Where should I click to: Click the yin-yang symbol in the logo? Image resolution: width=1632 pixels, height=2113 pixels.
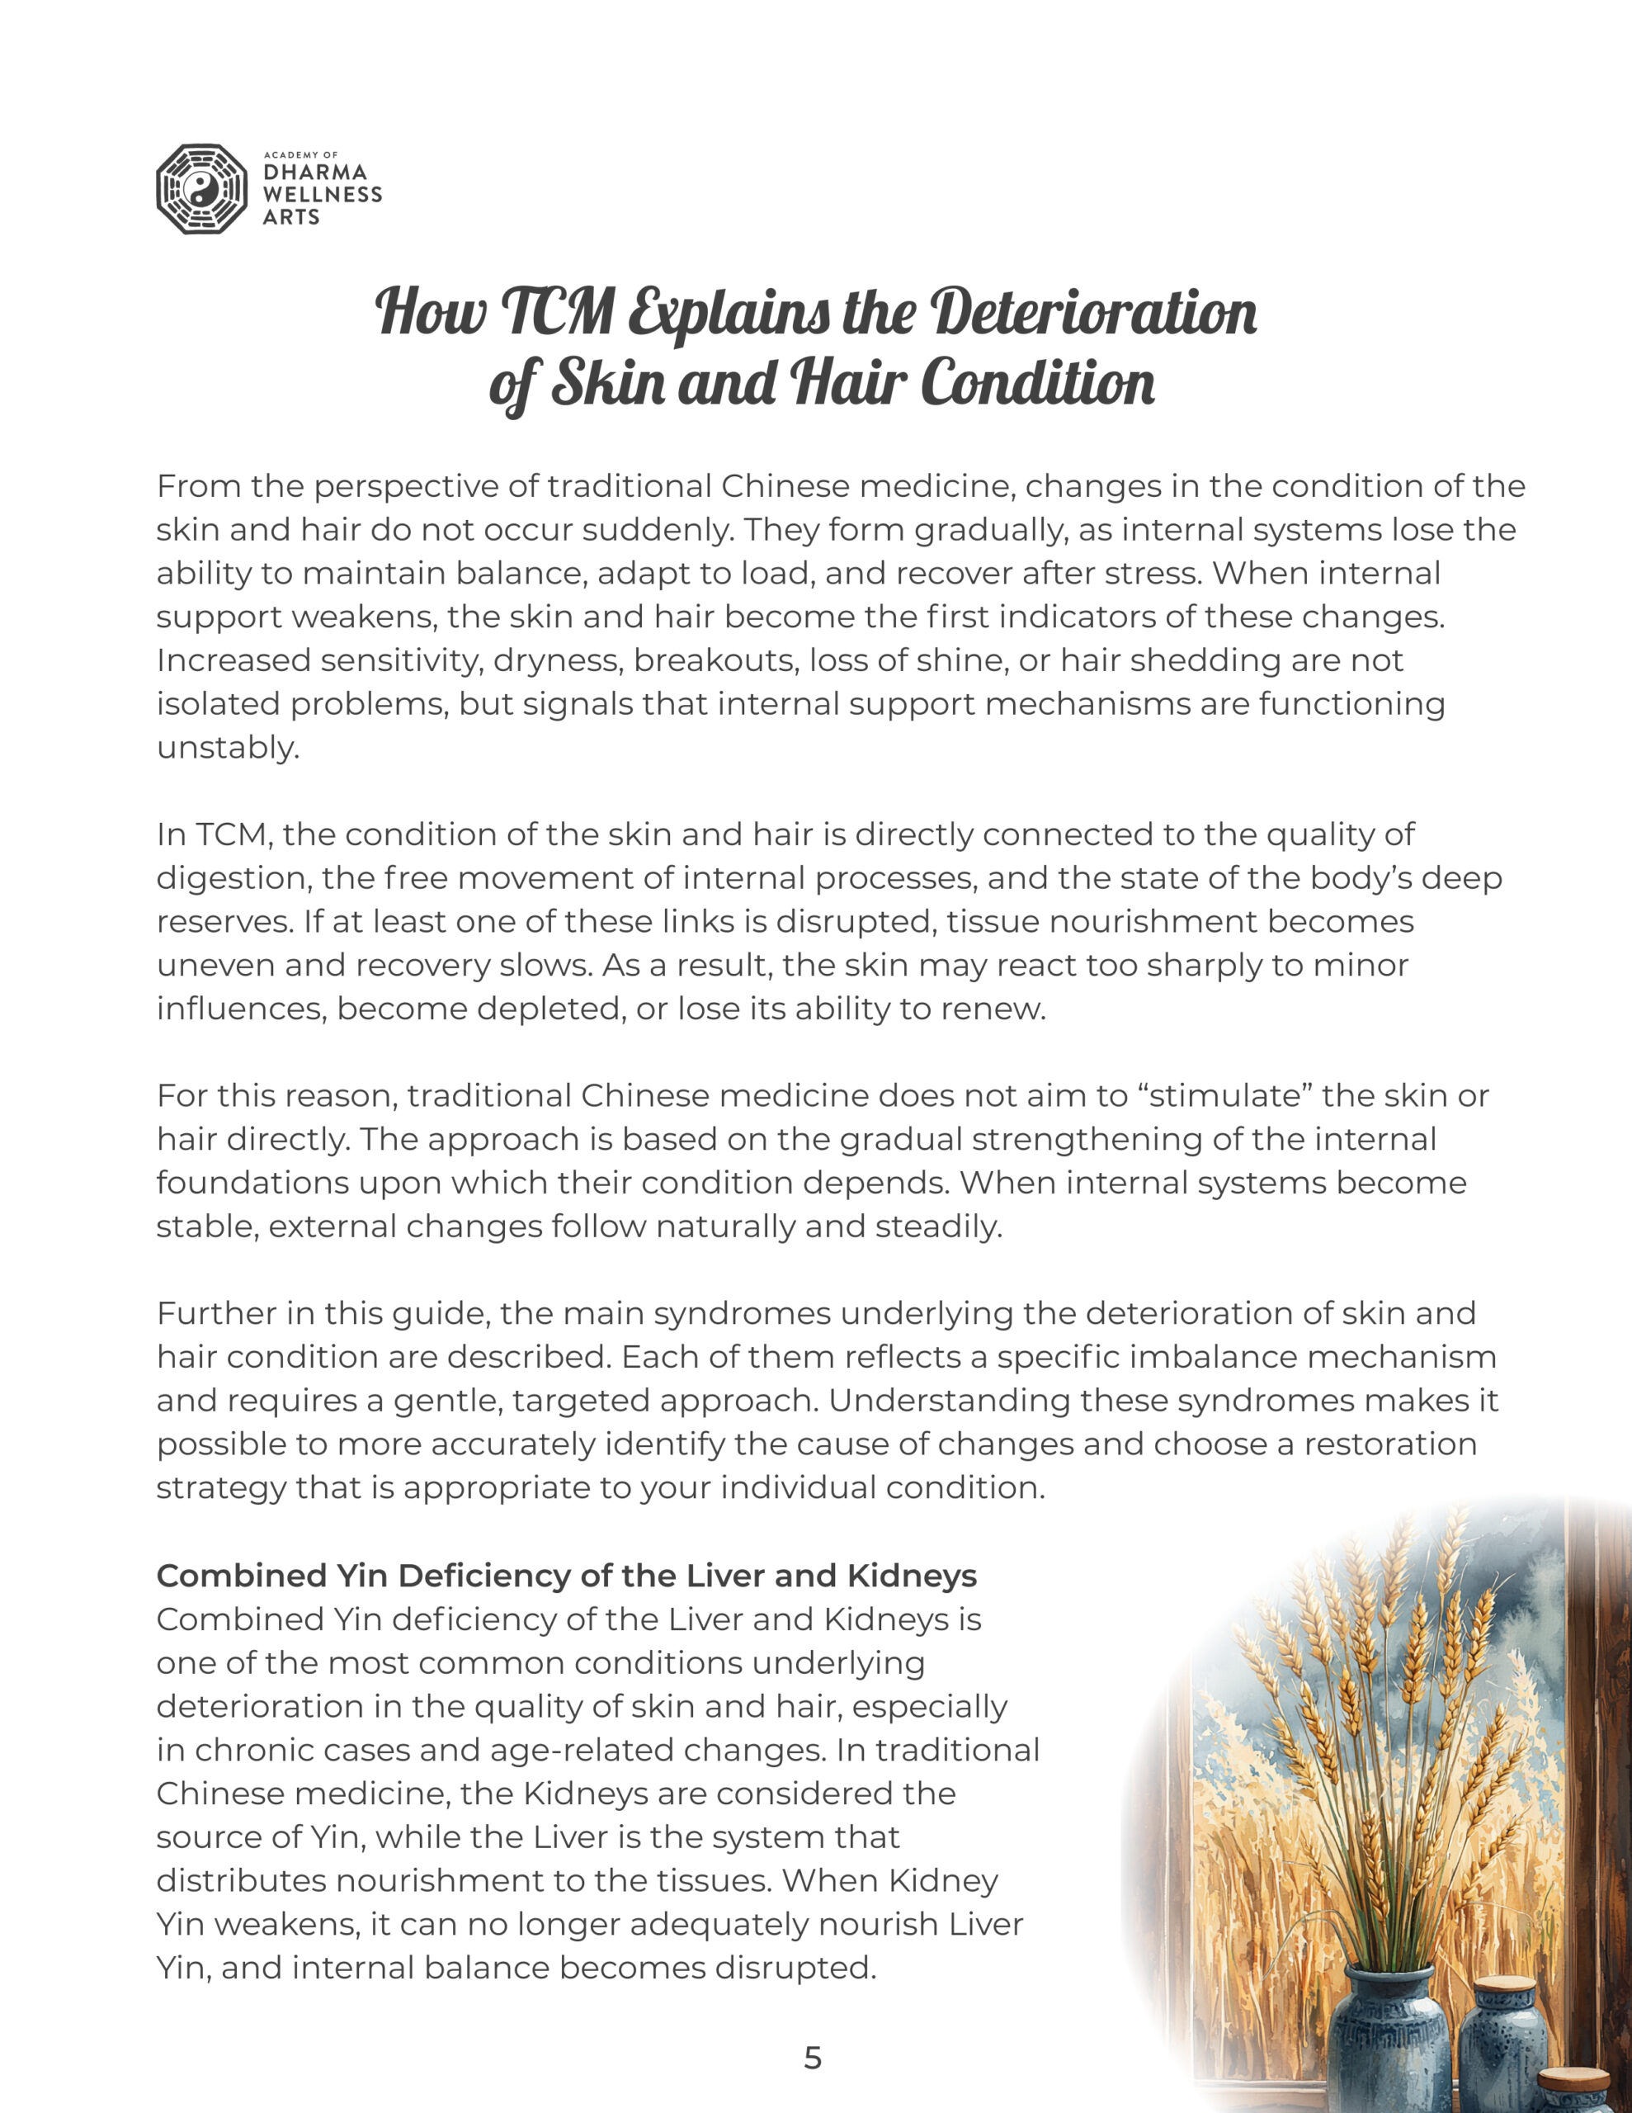[201, 190]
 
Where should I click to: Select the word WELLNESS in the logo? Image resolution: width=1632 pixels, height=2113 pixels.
[322, 195]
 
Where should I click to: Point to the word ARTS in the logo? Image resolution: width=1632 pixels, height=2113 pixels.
[290, 217]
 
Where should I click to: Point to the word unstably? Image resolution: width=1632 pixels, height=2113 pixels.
[228, 748]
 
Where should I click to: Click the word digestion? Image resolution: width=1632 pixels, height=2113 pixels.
[229, 878]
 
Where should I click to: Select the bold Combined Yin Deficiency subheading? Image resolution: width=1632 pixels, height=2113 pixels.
[566, 1576]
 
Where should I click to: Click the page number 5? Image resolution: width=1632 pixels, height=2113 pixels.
[813, 2058]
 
